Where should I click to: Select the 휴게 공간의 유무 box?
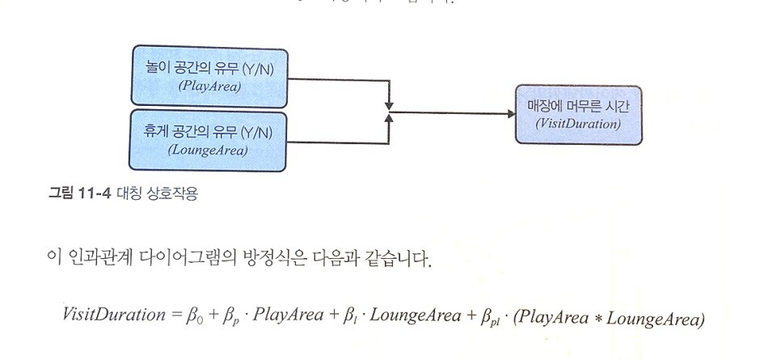click(209, 140)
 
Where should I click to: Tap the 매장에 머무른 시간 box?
click(578, 114)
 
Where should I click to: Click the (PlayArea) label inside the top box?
click(209, 87)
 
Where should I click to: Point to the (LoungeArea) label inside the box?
click(208, 150)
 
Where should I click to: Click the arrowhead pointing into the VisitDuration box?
click(511, 114)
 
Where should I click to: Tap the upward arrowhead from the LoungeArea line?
click(389, 121)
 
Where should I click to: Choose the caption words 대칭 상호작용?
click(153, 194)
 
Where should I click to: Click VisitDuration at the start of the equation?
click(113, 315)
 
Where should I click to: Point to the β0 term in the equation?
click(195, 316)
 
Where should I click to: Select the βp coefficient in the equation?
click(231, 316)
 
